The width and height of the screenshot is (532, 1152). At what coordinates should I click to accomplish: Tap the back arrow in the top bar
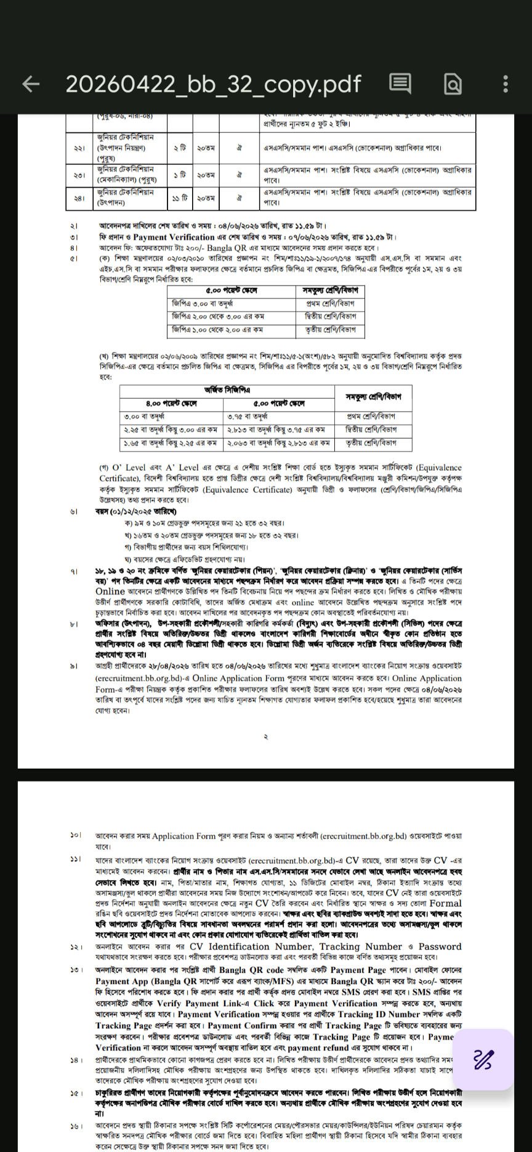click(31, 84)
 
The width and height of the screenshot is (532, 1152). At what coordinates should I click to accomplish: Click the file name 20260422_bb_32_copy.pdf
click(213, 84)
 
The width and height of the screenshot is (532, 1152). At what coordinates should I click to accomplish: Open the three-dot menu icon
click(505, 84)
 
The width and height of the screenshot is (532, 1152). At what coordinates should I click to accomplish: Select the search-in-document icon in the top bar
click(453, 84)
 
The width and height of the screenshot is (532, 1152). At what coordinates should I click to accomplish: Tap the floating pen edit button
click(483, 1060)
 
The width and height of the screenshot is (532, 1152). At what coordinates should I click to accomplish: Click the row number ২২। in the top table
click(79, 148)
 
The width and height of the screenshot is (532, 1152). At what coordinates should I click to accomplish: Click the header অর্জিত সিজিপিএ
click(227, 390)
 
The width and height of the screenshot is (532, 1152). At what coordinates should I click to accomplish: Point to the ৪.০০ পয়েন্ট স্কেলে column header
click(171, 404)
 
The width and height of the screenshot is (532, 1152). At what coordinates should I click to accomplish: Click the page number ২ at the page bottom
click(265, 737)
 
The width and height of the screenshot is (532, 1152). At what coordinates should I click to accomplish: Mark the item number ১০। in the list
click(76, 835)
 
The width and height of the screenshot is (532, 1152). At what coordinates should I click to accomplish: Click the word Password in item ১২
click(440, 946)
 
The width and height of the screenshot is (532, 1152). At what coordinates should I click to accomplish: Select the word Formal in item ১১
click(446, 903)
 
